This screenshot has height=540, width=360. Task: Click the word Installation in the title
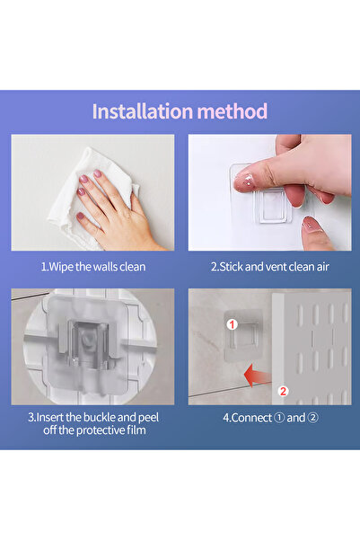pos(142,111)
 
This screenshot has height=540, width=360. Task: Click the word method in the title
pos(233,111)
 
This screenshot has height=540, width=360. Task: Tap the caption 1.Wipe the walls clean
pos(93,267)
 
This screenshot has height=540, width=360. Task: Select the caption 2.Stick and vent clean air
pos(270,267)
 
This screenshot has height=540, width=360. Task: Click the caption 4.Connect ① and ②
pos(270,418)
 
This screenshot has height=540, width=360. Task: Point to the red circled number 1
pos(232,324)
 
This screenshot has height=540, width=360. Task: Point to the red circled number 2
pos(283,391)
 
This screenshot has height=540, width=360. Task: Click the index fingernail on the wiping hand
pos(97,173)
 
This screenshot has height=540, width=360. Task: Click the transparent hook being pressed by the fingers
pos(260,195)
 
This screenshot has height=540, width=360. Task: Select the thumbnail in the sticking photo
pos(312,224)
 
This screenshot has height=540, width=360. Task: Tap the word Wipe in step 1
pos(61,267)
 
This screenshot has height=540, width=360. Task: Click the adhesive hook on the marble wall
pos(241,336)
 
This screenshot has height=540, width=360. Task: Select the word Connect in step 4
pos(251,418)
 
